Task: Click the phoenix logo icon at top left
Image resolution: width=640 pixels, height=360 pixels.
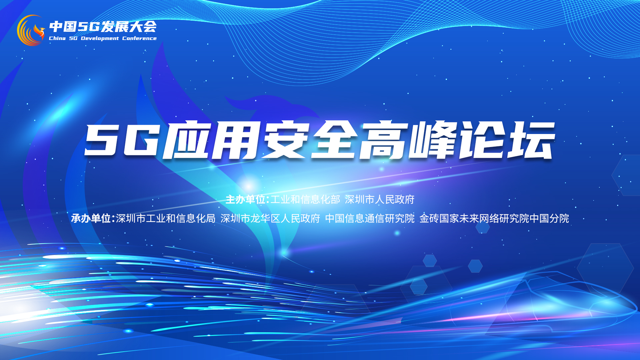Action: [x=31, y=30]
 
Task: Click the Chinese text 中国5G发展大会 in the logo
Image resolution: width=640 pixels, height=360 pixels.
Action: [x=103, y=27]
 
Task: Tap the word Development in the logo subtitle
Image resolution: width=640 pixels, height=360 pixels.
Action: [x=100, y=38]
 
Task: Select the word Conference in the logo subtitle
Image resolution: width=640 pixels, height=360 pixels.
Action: [x=139, y=38]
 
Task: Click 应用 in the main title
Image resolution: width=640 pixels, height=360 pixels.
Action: [x=211, y=140]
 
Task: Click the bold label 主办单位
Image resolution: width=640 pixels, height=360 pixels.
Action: [x=245, y=199]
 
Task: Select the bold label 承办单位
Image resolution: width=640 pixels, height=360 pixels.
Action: [x=91, y=218]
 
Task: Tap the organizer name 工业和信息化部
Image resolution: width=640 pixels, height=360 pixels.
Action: [x=305, y=199]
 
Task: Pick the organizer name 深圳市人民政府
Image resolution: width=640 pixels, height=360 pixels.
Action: [x=380, y=199]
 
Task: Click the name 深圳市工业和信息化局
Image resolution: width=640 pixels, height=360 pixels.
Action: [x=166, y=218]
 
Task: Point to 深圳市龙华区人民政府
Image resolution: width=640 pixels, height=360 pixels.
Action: [x=270, y=218]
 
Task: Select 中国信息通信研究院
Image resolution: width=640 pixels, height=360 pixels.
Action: [x=370, y=218]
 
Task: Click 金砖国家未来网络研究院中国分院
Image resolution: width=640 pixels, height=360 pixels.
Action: [x=494, y=218]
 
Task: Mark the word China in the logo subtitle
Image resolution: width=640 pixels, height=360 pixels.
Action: [x=57, y=38]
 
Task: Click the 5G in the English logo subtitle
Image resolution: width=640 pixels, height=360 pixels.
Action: [x=73, y=38]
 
